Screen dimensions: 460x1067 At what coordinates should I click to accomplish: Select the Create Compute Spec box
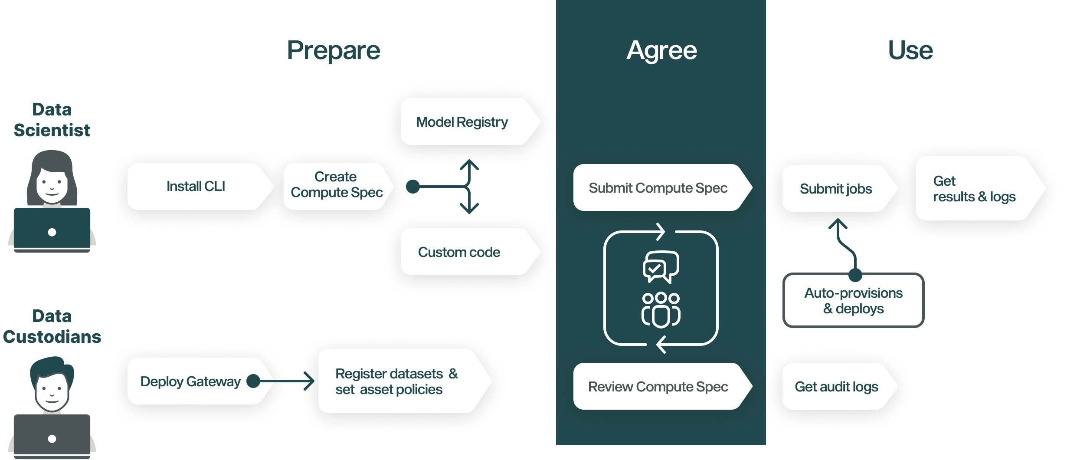(337, 187)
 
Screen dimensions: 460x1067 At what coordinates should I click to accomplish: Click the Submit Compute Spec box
(658, 188)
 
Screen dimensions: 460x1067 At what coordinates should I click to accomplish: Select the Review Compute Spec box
(658, 387)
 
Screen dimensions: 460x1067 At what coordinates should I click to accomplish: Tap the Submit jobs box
(836, 189)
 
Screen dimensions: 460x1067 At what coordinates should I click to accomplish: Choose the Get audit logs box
(836, 387)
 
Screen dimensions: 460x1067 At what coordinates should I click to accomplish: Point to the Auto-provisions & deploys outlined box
(853, 301)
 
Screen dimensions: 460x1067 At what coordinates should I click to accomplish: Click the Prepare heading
(334, 50)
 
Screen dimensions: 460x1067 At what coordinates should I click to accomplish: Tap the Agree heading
(661, 50)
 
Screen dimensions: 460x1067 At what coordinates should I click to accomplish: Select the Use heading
(910, 50)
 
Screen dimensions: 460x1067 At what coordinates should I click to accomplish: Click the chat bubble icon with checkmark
(661, 266)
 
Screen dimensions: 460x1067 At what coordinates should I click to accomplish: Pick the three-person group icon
(661, 309)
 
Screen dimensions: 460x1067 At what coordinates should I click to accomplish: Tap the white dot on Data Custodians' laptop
(52, 439)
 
